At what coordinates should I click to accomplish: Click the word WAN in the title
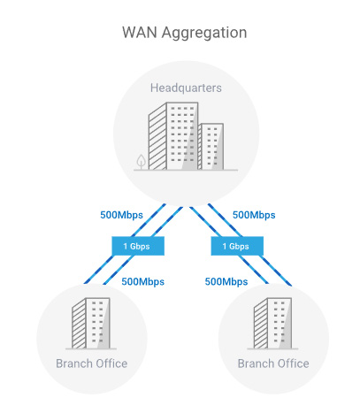coord(140,32)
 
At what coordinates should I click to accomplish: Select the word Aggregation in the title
coord(204,33)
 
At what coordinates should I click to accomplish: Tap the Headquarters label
coord(186,88)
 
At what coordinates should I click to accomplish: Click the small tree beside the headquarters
coord(142,162)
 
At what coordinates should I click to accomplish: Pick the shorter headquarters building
coord(211,147)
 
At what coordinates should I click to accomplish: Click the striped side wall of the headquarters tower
coord(157,137)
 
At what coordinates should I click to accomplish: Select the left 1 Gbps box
coord(138,246)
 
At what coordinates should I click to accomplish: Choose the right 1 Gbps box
coord(237,246)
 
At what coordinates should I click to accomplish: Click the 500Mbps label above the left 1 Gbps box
coord(121,215)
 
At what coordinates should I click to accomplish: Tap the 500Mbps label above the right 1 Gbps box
coord(254,215)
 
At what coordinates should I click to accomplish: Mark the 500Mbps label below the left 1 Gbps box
coord(143,281)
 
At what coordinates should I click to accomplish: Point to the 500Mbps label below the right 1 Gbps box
coord(226,281)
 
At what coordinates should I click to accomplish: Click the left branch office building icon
coord(91,323)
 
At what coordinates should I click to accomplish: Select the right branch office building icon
coord(272,323)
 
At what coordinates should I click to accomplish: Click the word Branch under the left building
coord(74,363)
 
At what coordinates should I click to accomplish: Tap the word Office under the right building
coord(292,363)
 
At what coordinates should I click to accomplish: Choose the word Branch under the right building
coord(257,363)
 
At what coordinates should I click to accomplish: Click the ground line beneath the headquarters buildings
coord(186,170)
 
